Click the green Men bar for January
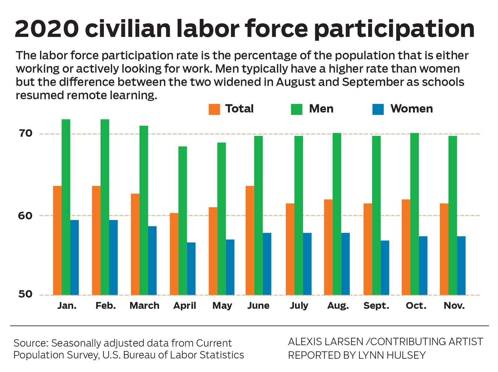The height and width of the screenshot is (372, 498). (66, 207)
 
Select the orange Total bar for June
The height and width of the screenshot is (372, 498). (250, 240)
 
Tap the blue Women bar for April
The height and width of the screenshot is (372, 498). (191, 269)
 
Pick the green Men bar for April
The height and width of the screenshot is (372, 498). (183, 221)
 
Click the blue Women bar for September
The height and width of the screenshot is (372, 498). (385, 268)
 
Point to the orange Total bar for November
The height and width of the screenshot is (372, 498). (444, 249)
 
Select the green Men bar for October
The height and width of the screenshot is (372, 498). (414, 214)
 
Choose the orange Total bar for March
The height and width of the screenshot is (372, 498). (135, 244)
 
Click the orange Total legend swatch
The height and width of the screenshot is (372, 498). (214, 109)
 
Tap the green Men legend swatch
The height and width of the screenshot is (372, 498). (296, 109)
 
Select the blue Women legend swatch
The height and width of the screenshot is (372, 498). (378, 109)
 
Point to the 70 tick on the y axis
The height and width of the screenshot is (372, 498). (26, 134)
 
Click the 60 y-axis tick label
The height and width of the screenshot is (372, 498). (26, 216)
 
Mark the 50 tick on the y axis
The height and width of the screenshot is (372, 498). (26, 294)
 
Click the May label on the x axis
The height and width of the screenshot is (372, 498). (222, 306)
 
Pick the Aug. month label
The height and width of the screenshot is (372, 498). (338, 306)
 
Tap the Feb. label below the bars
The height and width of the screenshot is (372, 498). (106, 306)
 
